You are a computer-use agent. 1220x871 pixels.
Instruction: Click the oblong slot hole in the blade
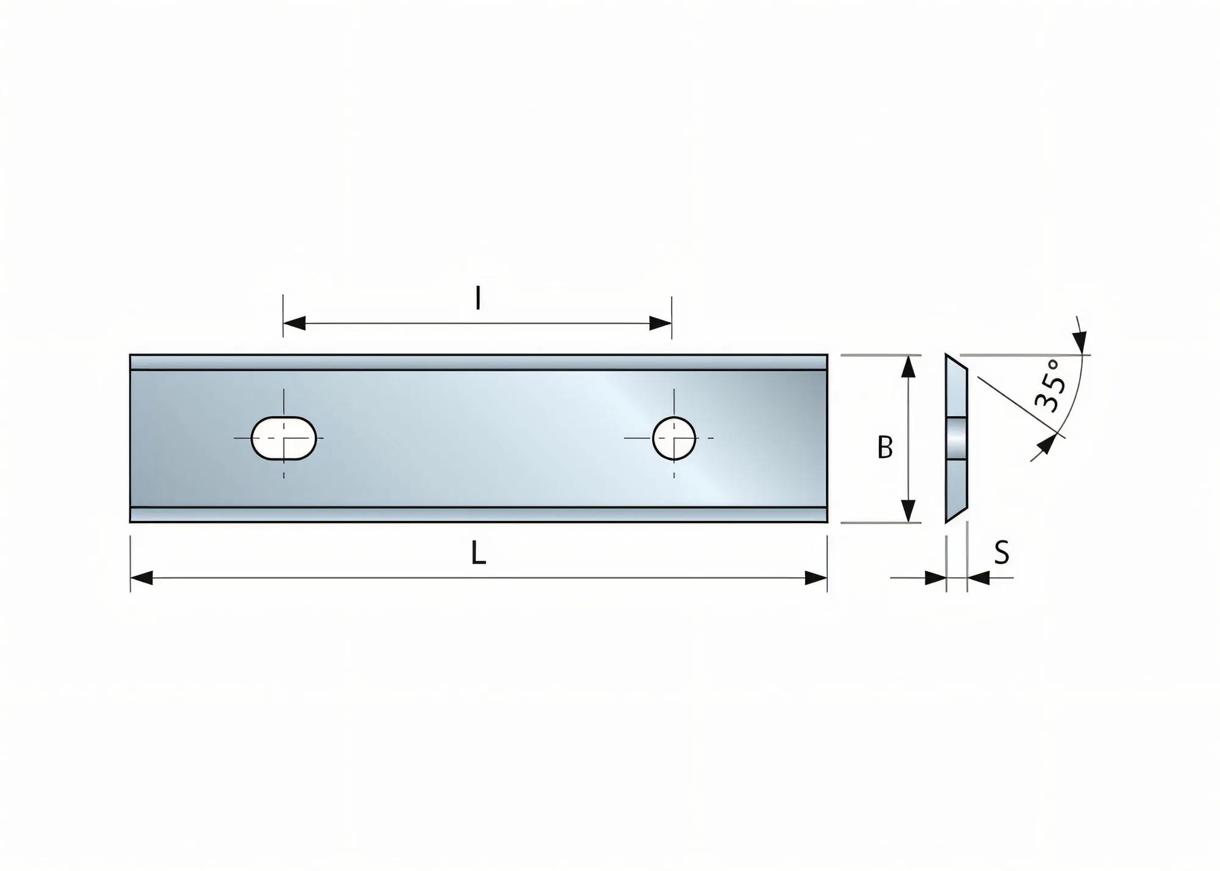(284, 438)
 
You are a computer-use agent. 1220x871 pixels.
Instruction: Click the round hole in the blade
(674, 438)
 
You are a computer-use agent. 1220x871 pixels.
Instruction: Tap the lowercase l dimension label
(478, 299)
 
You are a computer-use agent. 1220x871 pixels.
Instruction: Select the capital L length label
(478, 553)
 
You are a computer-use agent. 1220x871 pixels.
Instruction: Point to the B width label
(884, 448)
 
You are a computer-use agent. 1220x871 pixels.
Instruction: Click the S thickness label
(1002, 553)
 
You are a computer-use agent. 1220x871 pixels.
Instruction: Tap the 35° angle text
(1051, 386)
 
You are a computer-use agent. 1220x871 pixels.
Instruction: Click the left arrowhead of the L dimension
(142, 578)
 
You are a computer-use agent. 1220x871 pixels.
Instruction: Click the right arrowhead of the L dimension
(816, 578)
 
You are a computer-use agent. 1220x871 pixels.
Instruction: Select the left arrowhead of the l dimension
(295, 323)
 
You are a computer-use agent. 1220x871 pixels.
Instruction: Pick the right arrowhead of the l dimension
(660, 323)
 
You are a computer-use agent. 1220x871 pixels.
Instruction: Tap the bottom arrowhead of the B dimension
(908, 511)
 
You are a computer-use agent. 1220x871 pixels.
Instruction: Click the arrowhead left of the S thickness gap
(935, 578)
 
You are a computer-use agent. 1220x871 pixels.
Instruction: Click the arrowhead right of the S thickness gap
(978, 578)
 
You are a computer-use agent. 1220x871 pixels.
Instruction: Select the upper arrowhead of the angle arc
(1082, 341)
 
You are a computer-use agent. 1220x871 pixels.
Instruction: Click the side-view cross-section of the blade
(956, 438)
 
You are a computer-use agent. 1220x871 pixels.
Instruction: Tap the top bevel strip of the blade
(478, 362)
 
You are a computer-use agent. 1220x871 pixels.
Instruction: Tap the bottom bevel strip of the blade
(478, 515)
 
